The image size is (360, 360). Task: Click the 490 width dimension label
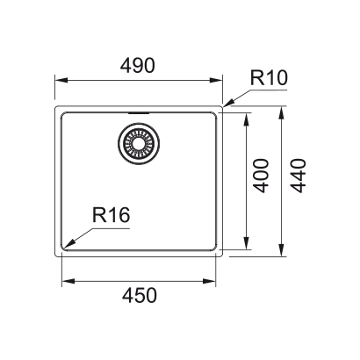pyautogui.click(x=139, y=67)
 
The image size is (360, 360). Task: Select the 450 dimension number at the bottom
pyautogui.click(x=139, y=297)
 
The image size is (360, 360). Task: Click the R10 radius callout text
pyautogui.click(x=266, y=78)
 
